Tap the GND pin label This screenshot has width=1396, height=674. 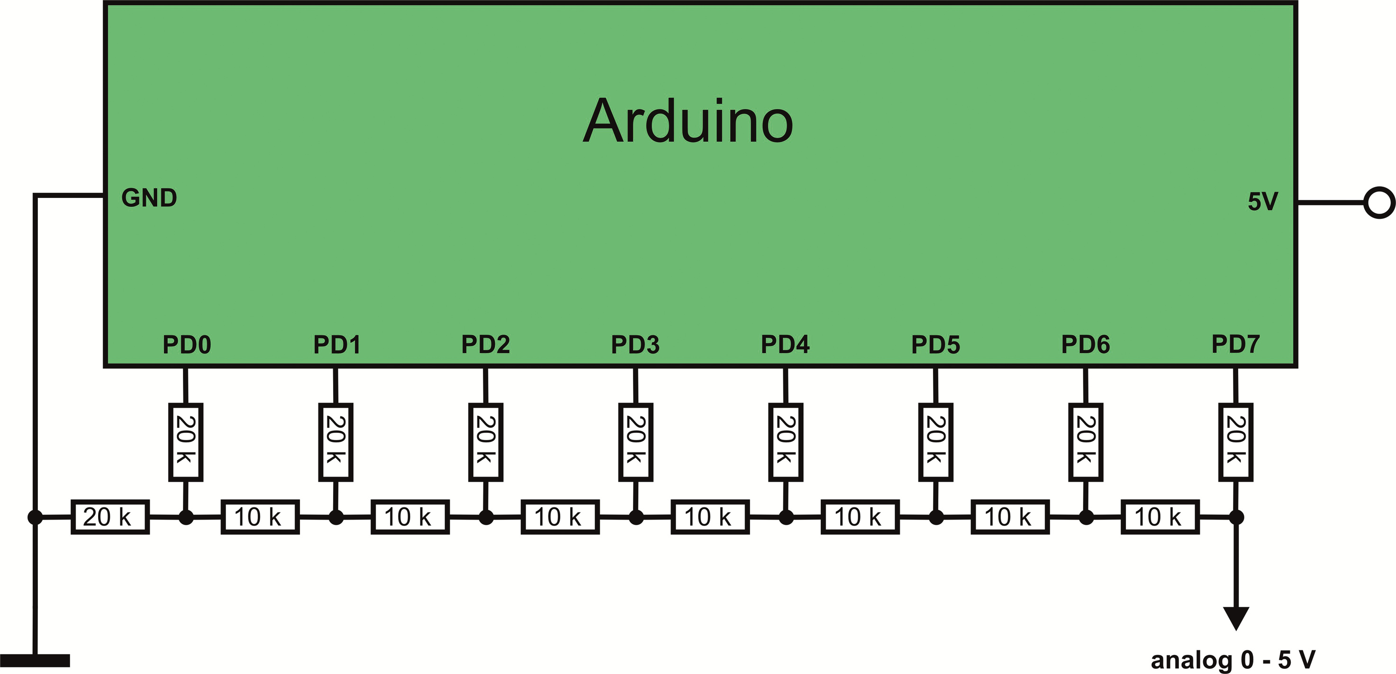[x=149, y=198]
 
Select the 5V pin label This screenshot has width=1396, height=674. [x=1263, y=202]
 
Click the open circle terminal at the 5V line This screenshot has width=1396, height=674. [x=1379, y=203]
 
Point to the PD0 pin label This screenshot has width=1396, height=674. [x=186, y=345]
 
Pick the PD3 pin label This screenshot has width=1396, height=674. [x=635, y=345]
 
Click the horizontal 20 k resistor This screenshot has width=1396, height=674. [x=110, y=517]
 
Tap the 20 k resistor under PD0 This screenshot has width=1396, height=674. [x=186, y=441]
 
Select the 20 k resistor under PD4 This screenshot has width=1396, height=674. [x=786, y=441]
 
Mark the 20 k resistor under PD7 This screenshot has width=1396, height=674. [x=1235, y=441]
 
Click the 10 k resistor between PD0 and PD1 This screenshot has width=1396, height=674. [x=260, y=517]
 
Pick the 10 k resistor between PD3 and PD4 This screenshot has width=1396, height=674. [x=710, y=517]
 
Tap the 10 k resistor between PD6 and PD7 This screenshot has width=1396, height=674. [x=1160, y=517]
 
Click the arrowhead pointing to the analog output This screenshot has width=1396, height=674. [x=1236, y=618]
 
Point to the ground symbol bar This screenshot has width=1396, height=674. [x=35, y=660]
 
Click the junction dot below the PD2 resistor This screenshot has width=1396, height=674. [x=486, y=517]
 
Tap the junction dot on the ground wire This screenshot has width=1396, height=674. [x=35, y=517]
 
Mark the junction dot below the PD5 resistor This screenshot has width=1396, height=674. [x=936, y=517]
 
